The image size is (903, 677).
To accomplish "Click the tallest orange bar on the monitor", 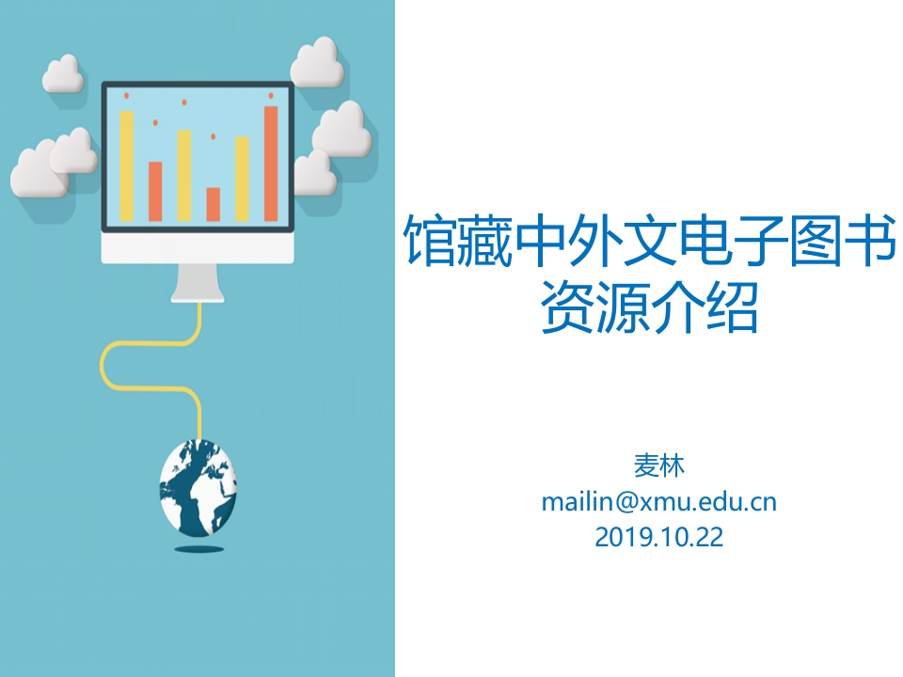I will [x=271, y=164].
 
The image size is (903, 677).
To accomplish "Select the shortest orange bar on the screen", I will [x=214, y=204].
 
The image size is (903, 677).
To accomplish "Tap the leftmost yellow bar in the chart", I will [x=127, y=166].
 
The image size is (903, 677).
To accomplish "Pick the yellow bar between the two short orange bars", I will [x=184, y=176].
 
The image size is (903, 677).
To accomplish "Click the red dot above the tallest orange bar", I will [x=271, y=95].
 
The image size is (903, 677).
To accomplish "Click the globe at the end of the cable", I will [x=198, y=487].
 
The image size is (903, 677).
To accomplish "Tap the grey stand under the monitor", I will [x=198, y=282].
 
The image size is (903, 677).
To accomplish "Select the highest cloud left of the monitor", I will [x=64, y=73].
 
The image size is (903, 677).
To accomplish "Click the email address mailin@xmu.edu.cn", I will [x=658, y=501].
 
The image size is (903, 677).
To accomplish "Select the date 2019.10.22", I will [x=658, y=537].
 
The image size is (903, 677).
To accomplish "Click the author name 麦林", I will [x=658, y=465].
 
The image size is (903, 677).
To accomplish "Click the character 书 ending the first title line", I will [x=871, y=241].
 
